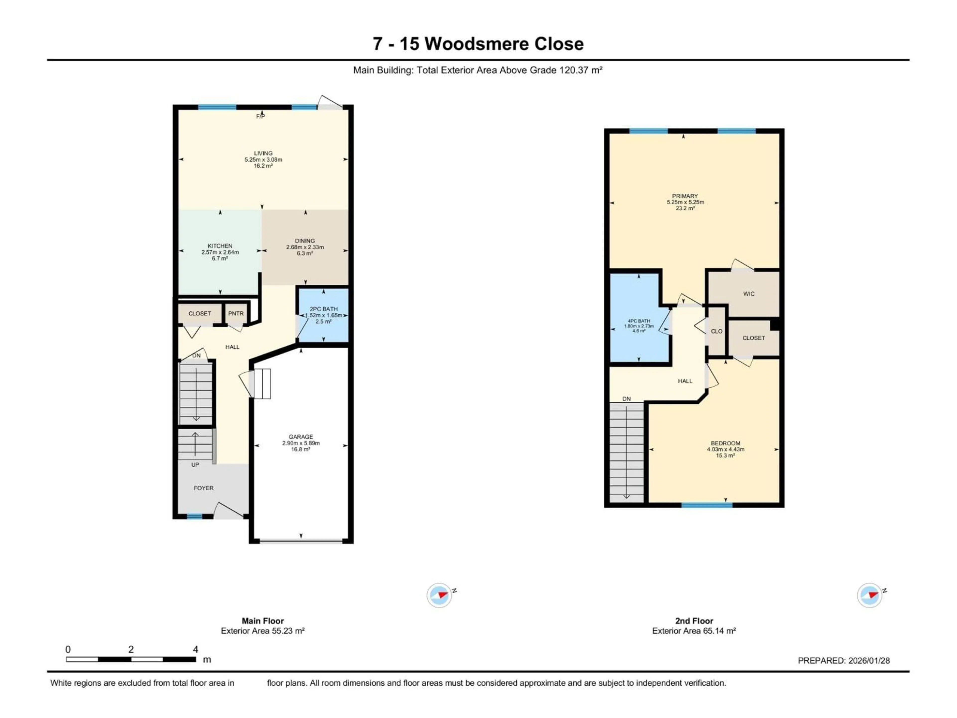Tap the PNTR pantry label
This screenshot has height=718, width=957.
pos(236,313)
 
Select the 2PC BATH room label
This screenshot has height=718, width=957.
pos(324,309)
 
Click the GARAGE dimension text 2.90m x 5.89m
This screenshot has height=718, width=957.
pos(301,443)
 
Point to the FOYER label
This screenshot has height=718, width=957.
pos(203,488)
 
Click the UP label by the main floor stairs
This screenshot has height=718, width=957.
pos(195,465)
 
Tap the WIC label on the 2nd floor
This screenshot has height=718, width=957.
pos(749,294)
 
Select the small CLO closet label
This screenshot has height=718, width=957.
pos(717,331)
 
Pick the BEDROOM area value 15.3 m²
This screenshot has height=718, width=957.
pos(725,455)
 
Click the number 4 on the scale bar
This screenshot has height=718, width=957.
pos(196,649)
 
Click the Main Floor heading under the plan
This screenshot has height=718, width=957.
pos(263,621)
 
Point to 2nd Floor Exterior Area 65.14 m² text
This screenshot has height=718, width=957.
pos(694,631)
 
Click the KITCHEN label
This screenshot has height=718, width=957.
pos(220,246)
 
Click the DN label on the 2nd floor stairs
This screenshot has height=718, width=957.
pos(627,399)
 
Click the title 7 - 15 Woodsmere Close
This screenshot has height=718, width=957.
pos(478,44)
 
